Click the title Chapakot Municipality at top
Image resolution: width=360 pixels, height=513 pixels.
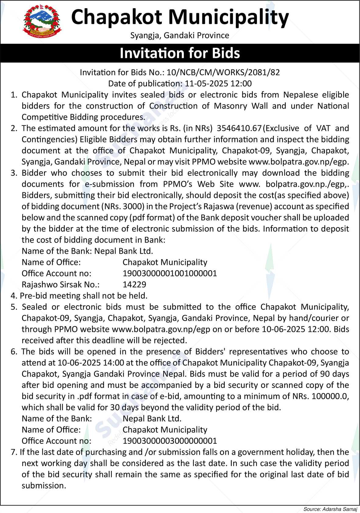point(180,17)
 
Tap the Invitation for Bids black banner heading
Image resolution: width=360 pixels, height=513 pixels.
point(180,53)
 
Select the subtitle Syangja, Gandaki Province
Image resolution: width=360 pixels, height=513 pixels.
point(180,36)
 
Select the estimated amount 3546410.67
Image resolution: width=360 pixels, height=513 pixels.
point(239,128)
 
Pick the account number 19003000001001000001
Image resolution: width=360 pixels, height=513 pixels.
point(169,273)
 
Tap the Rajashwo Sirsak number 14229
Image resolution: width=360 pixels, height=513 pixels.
point(134,285)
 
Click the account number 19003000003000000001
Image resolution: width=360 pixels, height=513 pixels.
point(169,441)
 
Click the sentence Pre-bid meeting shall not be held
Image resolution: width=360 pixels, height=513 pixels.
point(84,296)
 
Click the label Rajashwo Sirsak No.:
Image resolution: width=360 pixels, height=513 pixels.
point(61,285)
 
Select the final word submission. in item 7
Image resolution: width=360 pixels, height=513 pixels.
point(44,486)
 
